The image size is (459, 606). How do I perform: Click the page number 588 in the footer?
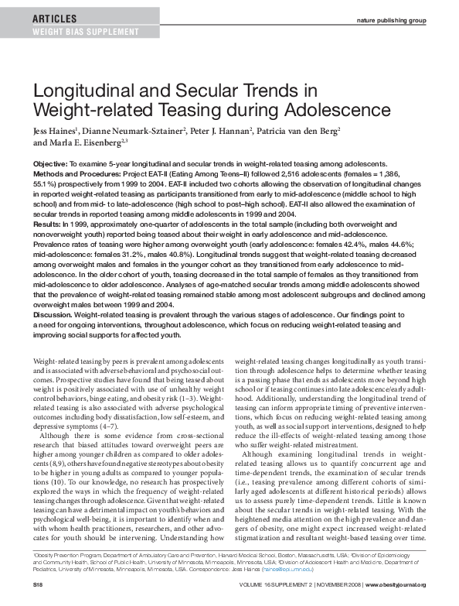tap(39, 595)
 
